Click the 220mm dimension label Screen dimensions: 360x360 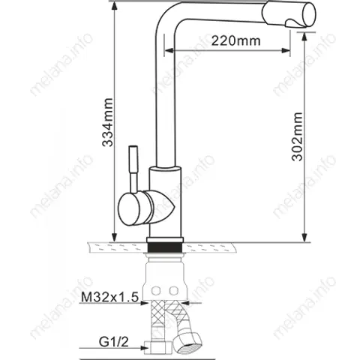(235, 40)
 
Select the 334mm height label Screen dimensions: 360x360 (108, 122)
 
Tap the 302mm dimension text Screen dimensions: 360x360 (298, 136)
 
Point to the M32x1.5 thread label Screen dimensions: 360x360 (109, 297)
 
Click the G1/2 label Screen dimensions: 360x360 (114, 341)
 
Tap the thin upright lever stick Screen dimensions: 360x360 (133, 169)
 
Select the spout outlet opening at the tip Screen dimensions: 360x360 (310, 14)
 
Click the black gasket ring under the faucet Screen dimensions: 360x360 (165, 247)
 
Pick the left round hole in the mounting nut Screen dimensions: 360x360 (156, 290)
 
